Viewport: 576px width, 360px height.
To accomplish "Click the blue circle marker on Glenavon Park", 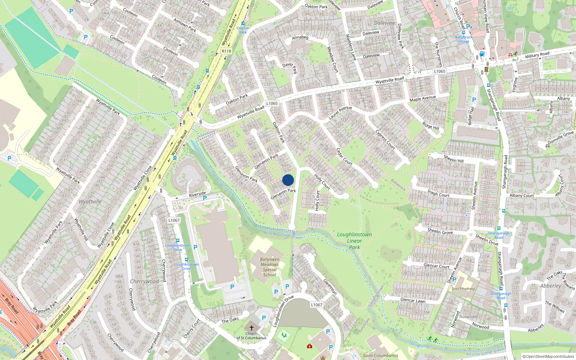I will point(288,180).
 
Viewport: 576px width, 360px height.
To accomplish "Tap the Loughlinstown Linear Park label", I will point(354,240).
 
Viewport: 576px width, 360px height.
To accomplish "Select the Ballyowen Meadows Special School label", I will point(269,267).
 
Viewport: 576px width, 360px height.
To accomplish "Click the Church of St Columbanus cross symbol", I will point(251,328).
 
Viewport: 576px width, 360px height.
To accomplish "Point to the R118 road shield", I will point(226,51).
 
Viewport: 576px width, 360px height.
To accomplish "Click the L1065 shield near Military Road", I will point(440,71).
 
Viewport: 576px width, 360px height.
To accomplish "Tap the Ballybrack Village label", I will point(463,39).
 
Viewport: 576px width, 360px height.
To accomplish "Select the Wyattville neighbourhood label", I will point(90,202).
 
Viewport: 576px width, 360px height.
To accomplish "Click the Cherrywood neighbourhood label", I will point(144,281).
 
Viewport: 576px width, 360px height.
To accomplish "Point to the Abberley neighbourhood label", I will point(550,285).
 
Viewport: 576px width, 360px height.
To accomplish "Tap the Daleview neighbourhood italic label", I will point(384,23).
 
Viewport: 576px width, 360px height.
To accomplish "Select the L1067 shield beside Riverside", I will point(174,220).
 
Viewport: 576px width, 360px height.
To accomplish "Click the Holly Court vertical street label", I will point(317,201).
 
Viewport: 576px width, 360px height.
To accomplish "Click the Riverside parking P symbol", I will point(204,198).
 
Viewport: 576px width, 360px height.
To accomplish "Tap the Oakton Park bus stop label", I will point(243,30).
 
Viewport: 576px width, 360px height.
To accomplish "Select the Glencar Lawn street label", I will point(413,300).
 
